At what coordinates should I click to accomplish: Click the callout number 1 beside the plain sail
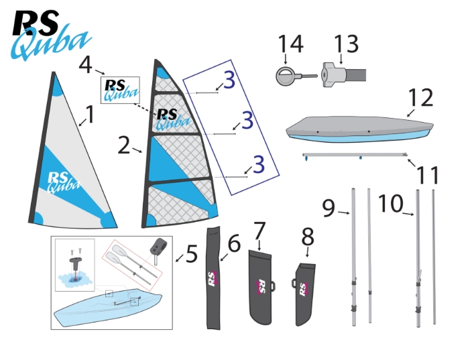(90, 115)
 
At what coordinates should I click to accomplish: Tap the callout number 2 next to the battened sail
(124, 145)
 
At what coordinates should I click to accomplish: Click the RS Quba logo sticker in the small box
(120, 90)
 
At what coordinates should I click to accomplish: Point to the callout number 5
(191, 254)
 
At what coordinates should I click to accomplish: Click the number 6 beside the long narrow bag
(234, 243)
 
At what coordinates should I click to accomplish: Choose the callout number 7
(259, 231)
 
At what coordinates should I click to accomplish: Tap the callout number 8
(308, 237)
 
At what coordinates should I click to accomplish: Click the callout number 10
(391, 204)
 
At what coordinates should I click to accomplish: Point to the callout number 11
(428, 176)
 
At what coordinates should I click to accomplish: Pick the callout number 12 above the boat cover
(420, 97)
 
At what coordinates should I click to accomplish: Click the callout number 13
(347, 44)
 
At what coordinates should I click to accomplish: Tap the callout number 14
(290, 44)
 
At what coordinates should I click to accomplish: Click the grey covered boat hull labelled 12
(360, 129)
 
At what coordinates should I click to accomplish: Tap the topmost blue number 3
(229, 80)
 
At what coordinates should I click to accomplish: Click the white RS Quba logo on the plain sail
(64, 182)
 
